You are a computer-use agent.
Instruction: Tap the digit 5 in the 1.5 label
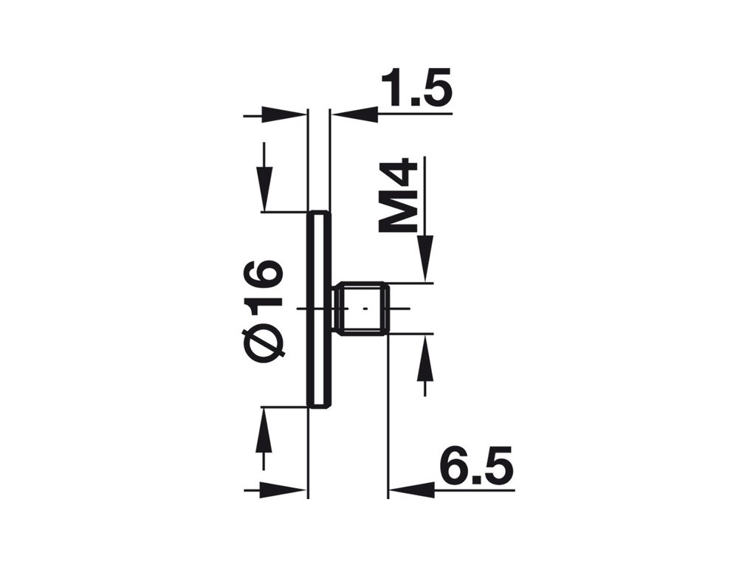[434, 90]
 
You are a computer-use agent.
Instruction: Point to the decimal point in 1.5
[411, 103]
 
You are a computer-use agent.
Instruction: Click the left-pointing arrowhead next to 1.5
[354, 114]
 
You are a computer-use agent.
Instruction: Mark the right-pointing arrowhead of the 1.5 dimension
[284, 114]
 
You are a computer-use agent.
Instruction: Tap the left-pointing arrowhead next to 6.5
[411, 488]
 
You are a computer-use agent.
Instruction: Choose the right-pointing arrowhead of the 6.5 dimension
[284, 488]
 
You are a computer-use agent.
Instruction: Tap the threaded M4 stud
[362, 309]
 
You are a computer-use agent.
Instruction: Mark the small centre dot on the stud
[362, 308]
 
